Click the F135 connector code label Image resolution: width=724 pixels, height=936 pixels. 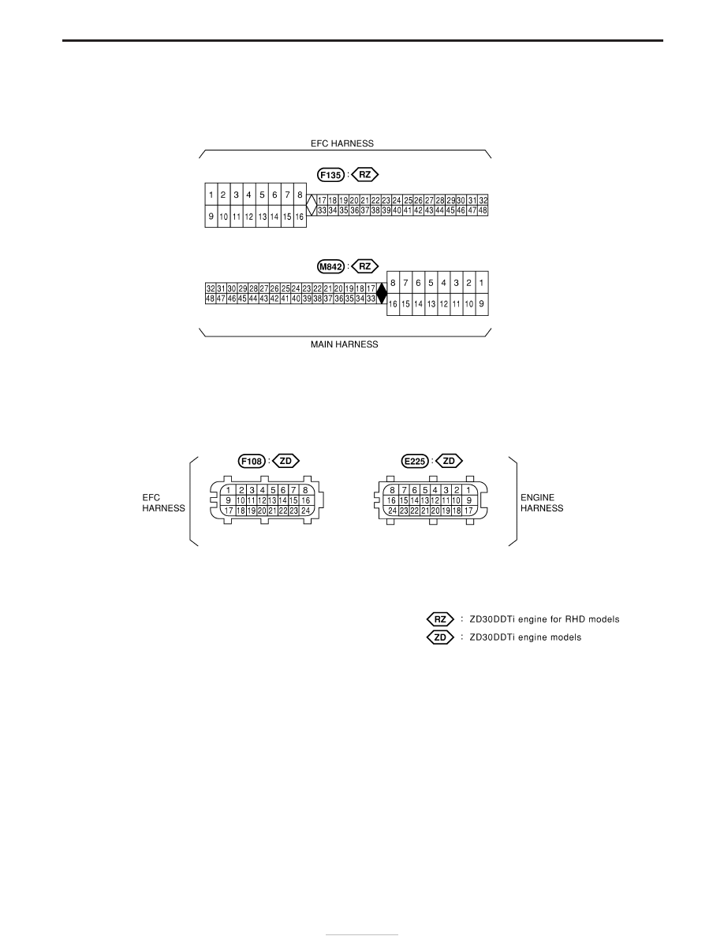pos(330,175)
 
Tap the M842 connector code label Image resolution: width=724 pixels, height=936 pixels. pos(330,266)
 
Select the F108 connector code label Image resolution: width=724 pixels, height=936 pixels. pos(252,461)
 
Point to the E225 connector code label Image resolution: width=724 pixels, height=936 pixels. pos(415,461)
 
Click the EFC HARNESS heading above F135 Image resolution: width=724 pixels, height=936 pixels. pos(342,143)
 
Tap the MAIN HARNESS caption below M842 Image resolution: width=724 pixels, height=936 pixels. pos(344,344)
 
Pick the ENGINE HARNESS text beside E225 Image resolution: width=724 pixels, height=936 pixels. pos(542,503)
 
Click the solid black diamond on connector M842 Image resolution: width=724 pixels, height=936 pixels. pos(382,293)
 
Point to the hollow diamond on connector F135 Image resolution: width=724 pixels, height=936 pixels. pos(312,205)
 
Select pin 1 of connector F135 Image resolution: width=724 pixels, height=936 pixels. pos(211,195)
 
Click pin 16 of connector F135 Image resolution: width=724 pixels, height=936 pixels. pos(300,217)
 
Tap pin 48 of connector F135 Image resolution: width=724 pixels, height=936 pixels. pos(483,210)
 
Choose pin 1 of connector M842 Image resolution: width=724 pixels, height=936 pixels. pos(481,282)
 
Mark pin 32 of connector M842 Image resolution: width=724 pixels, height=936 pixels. pos(211,288)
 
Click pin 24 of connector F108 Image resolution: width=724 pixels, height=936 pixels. pos(305,511)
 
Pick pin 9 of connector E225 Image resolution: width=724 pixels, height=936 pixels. pos(469,500)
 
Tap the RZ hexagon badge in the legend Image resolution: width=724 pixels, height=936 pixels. pos(440,619)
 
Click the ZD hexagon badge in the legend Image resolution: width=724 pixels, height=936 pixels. pos(440,637)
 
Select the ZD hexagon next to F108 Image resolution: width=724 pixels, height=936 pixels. pos(285,461)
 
